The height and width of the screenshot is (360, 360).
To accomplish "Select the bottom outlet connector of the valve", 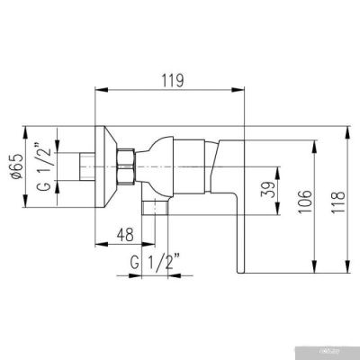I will click(x=157, y=209).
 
